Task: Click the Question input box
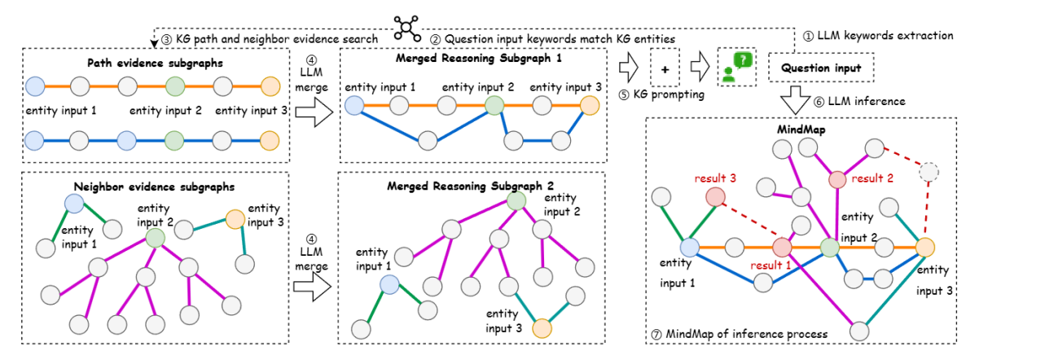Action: (x=822, y=68)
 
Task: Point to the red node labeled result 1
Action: (x=783, y=248)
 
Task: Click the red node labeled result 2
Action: (x=838, y=179)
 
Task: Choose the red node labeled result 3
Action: (x=716, y=196)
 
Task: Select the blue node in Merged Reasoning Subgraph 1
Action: (x=353, y=104)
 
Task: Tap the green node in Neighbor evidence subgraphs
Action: (x=156, y=236)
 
